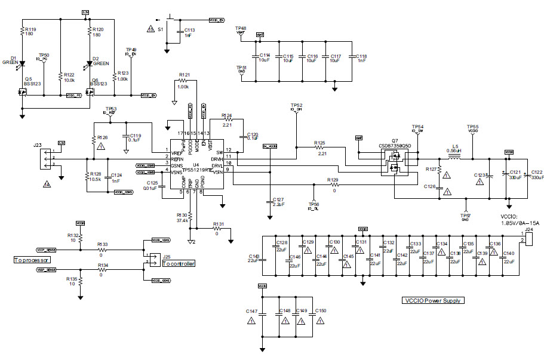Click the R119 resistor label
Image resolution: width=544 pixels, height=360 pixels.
[29, 29]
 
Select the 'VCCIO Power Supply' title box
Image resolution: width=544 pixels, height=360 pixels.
[434, 301]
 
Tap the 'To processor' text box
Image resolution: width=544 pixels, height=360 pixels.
[32, 261]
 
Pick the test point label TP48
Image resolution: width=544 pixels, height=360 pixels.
[241, 28]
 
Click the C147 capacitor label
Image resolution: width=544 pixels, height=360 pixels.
[251, 312]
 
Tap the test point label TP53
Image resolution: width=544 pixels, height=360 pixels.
[112, 108]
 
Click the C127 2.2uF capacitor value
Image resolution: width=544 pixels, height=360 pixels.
[278, 204]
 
